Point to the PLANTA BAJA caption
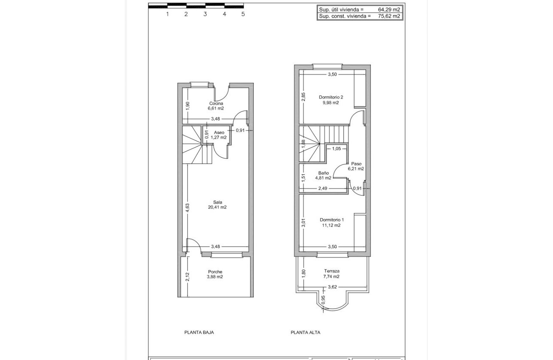(199, 332)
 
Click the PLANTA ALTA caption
(305, 332)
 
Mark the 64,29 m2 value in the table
(389, 9)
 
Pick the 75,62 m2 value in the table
(389, 16)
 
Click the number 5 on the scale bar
(243, 14)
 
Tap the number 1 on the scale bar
(167, 14)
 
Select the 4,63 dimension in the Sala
(187, 206)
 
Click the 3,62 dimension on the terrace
(332, 287)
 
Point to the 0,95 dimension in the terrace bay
(323, 300)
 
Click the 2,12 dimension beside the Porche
(187, 277)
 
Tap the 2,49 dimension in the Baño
(323, 188)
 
